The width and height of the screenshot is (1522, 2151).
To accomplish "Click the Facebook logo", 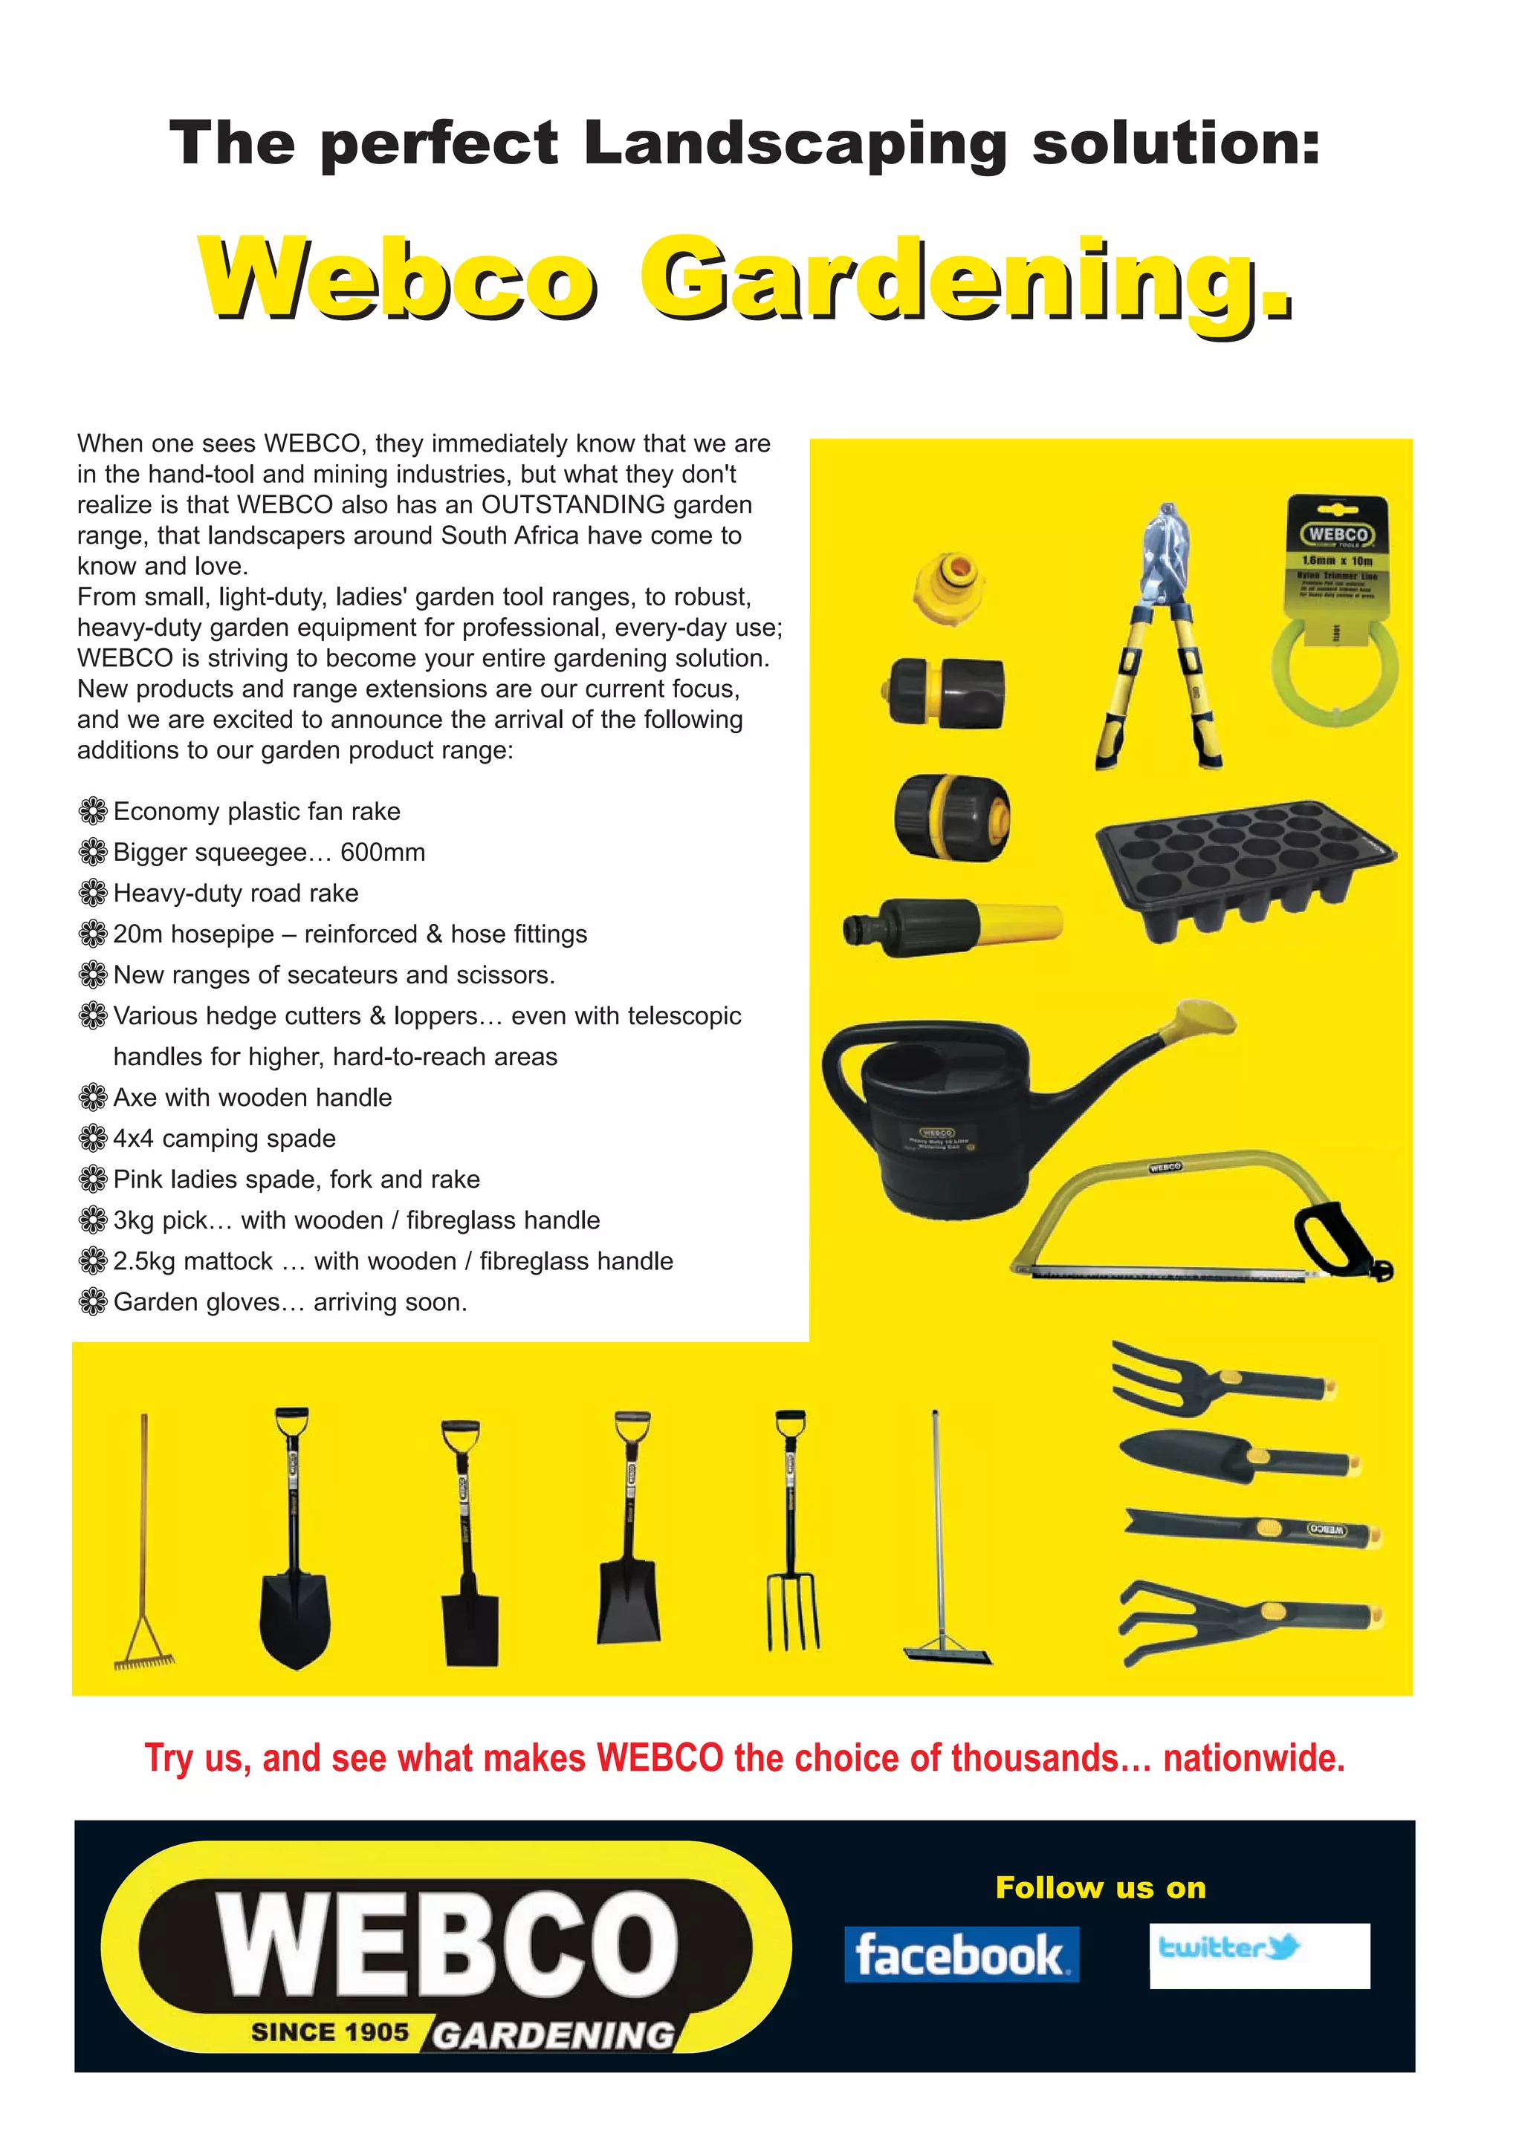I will pos(961,1954).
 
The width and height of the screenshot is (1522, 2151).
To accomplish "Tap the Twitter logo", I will pos(1228,1949).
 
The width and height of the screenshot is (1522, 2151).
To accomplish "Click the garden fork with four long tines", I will pos(793,1537).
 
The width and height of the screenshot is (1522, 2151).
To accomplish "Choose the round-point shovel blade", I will pos(295,1616).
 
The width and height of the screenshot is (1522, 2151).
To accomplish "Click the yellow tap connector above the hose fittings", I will pos(948,587).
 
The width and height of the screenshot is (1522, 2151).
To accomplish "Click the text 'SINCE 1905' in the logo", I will pos(330,2032).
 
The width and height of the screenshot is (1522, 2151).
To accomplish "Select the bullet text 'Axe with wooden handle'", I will pos(252,1097).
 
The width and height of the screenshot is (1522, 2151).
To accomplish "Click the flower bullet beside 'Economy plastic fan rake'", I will pos(93,811).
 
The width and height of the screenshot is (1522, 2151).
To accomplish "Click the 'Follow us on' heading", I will pos(1101,1888).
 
